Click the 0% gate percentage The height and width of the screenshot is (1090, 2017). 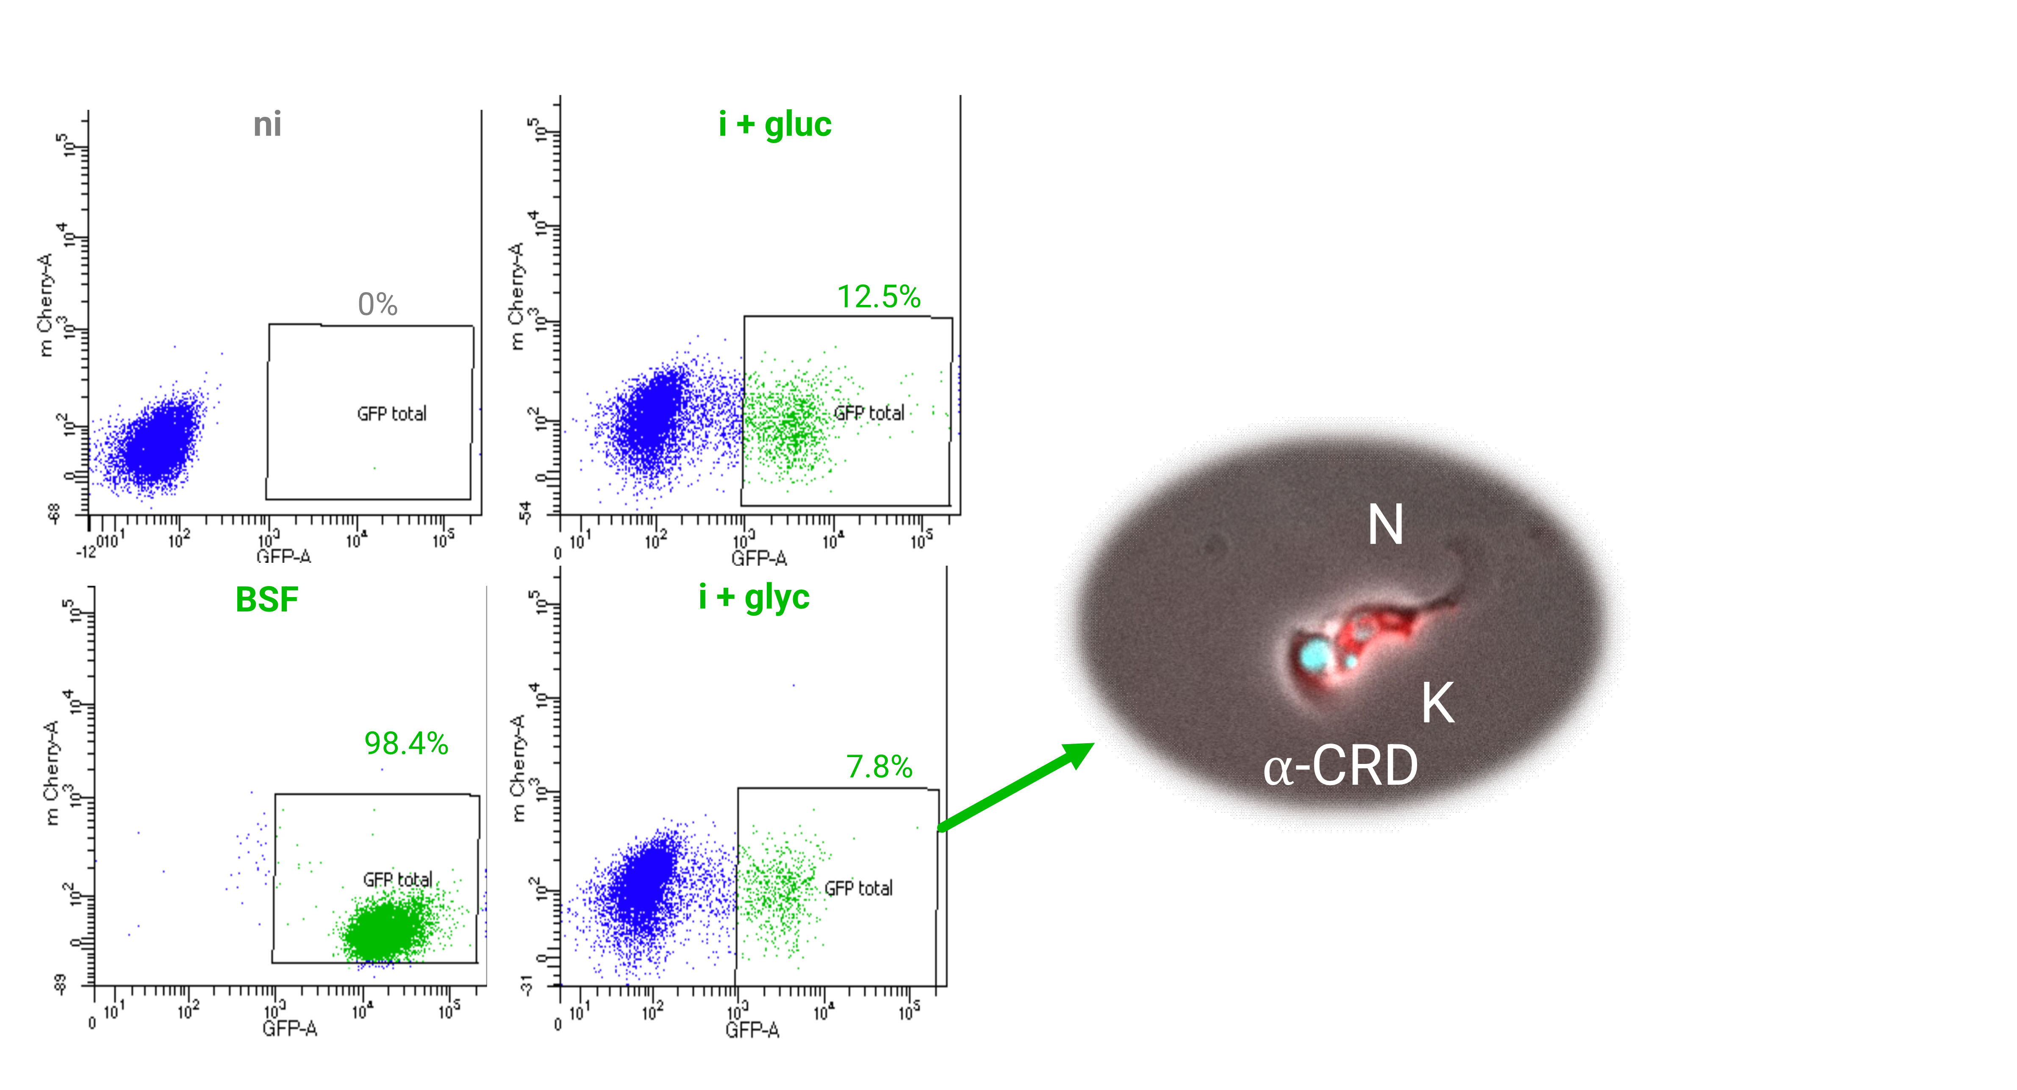tap(377, 304)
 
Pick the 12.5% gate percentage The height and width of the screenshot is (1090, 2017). tap(879, 296)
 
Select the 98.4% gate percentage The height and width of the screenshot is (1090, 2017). tap(405, 743)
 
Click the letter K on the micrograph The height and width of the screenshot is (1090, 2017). tap(1437, 703)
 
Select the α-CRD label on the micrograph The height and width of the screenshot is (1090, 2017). tap(1340, 766)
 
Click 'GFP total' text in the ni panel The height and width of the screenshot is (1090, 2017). tap(391, 414)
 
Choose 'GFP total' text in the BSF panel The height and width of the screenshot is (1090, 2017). tap(397, 880)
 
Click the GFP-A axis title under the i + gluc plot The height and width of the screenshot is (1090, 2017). tap(759, 558)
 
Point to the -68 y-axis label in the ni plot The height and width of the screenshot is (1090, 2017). tap(53, 513)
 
